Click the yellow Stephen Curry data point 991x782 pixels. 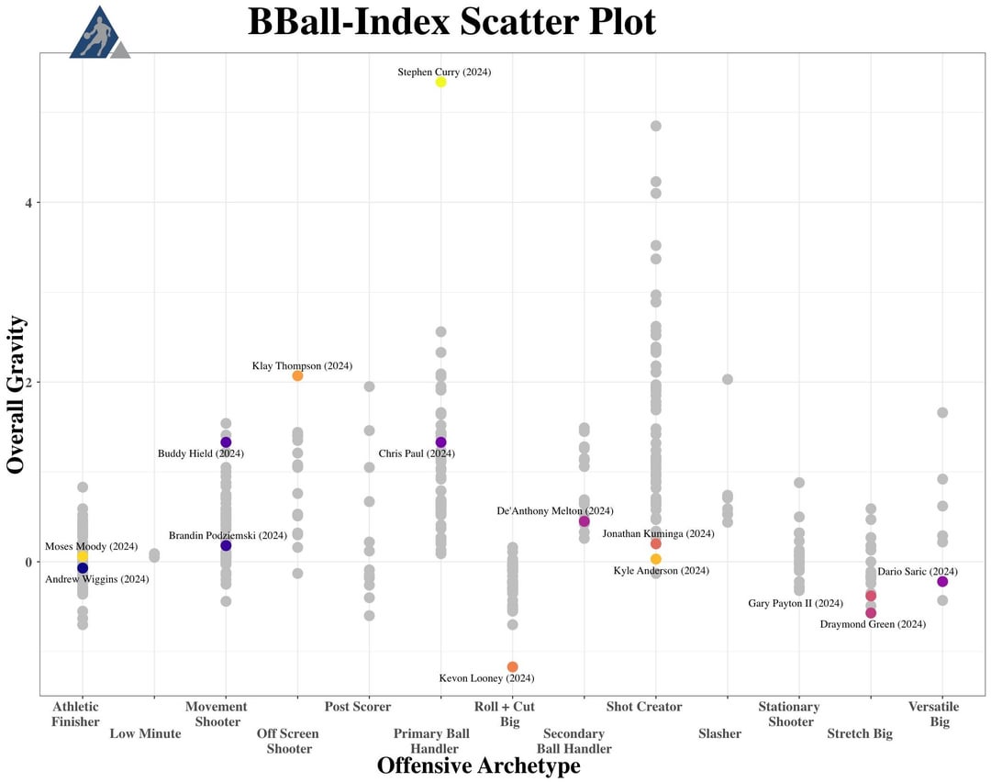[440, 82]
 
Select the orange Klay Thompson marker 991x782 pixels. [297, 375]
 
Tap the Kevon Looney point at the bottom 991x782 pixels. [512, 666]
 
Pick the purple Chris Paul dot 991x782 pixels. [440, 442]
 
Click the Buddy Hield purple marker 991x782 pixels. [226, 442]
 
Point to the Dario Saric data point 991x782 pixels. [942, 581]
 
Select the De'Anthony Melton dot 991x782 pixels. [584, 521]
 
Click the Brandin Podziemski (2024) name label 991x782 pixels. [228, 535]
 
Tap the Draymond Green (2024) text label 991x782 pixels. [873, 624]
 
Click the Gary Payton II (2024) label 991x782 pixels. [796, 603]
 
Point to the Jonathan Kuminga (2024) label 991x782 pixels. [658, 533]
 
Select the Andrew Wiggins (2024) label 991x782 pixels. [96, 579]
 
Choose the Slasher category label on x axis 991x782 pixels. [719, 733]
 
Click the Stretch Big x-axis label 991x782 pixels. [859, 733]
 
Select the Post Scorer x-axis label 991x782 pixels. [357, 707]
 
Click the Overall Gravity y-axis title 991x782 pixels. [16, 395]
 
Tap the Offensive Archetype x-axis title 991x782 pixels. [478, 765]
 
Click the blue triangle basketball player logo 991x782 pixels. [97, 34]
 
